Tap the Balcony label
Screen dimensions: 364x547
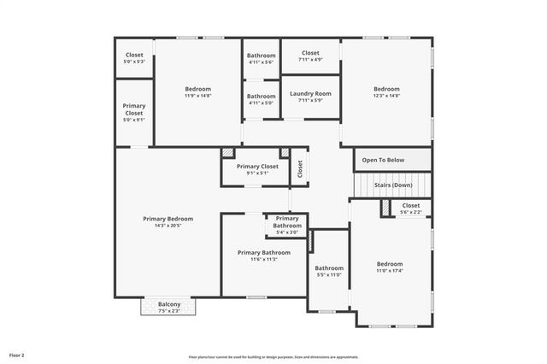tap(168, 304)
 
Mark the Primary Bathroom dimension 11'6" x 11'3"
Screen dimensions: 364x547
tap(264, 259)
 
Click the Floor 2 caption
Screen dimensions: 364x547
tap(17, 354)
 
